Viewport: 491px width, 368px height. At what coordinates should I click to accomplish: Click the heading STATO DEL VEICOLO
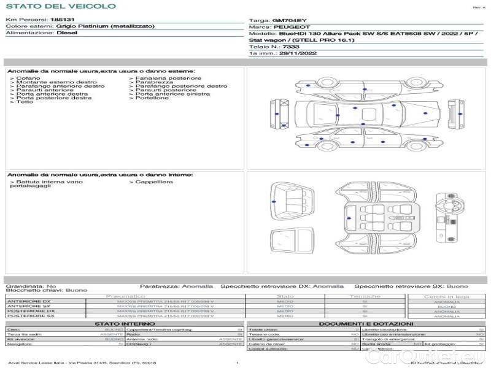60,6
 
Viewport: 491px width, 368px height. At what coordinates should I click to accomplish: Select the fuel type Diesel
67,33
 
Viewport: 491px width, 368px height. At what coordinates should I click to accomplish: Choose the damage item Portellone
152,98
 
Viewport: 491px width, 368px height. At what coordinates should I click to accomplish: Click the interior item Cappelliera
154,182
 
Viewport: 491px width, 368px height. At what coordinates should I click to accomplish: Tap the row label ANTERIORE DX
29,301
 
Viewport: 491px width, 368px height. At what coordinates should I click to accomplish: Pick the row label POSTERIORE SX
30,316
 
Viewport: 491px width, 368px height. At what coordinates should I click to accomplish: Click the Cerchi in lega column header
446,296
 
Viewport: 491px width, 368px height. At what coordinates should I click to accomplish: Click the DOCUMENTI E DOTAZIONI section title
366,323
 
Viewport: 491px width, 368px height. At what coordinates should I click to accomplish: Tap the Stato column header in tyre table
285,296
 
